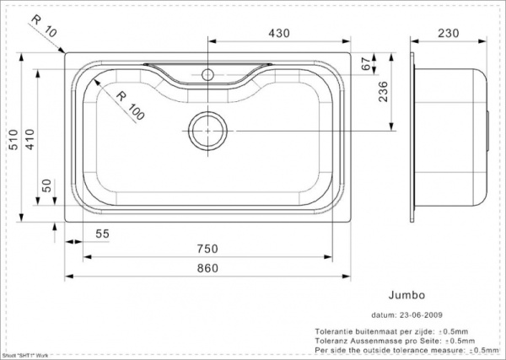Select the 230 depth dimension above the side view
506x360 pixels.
pos(449,33)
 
